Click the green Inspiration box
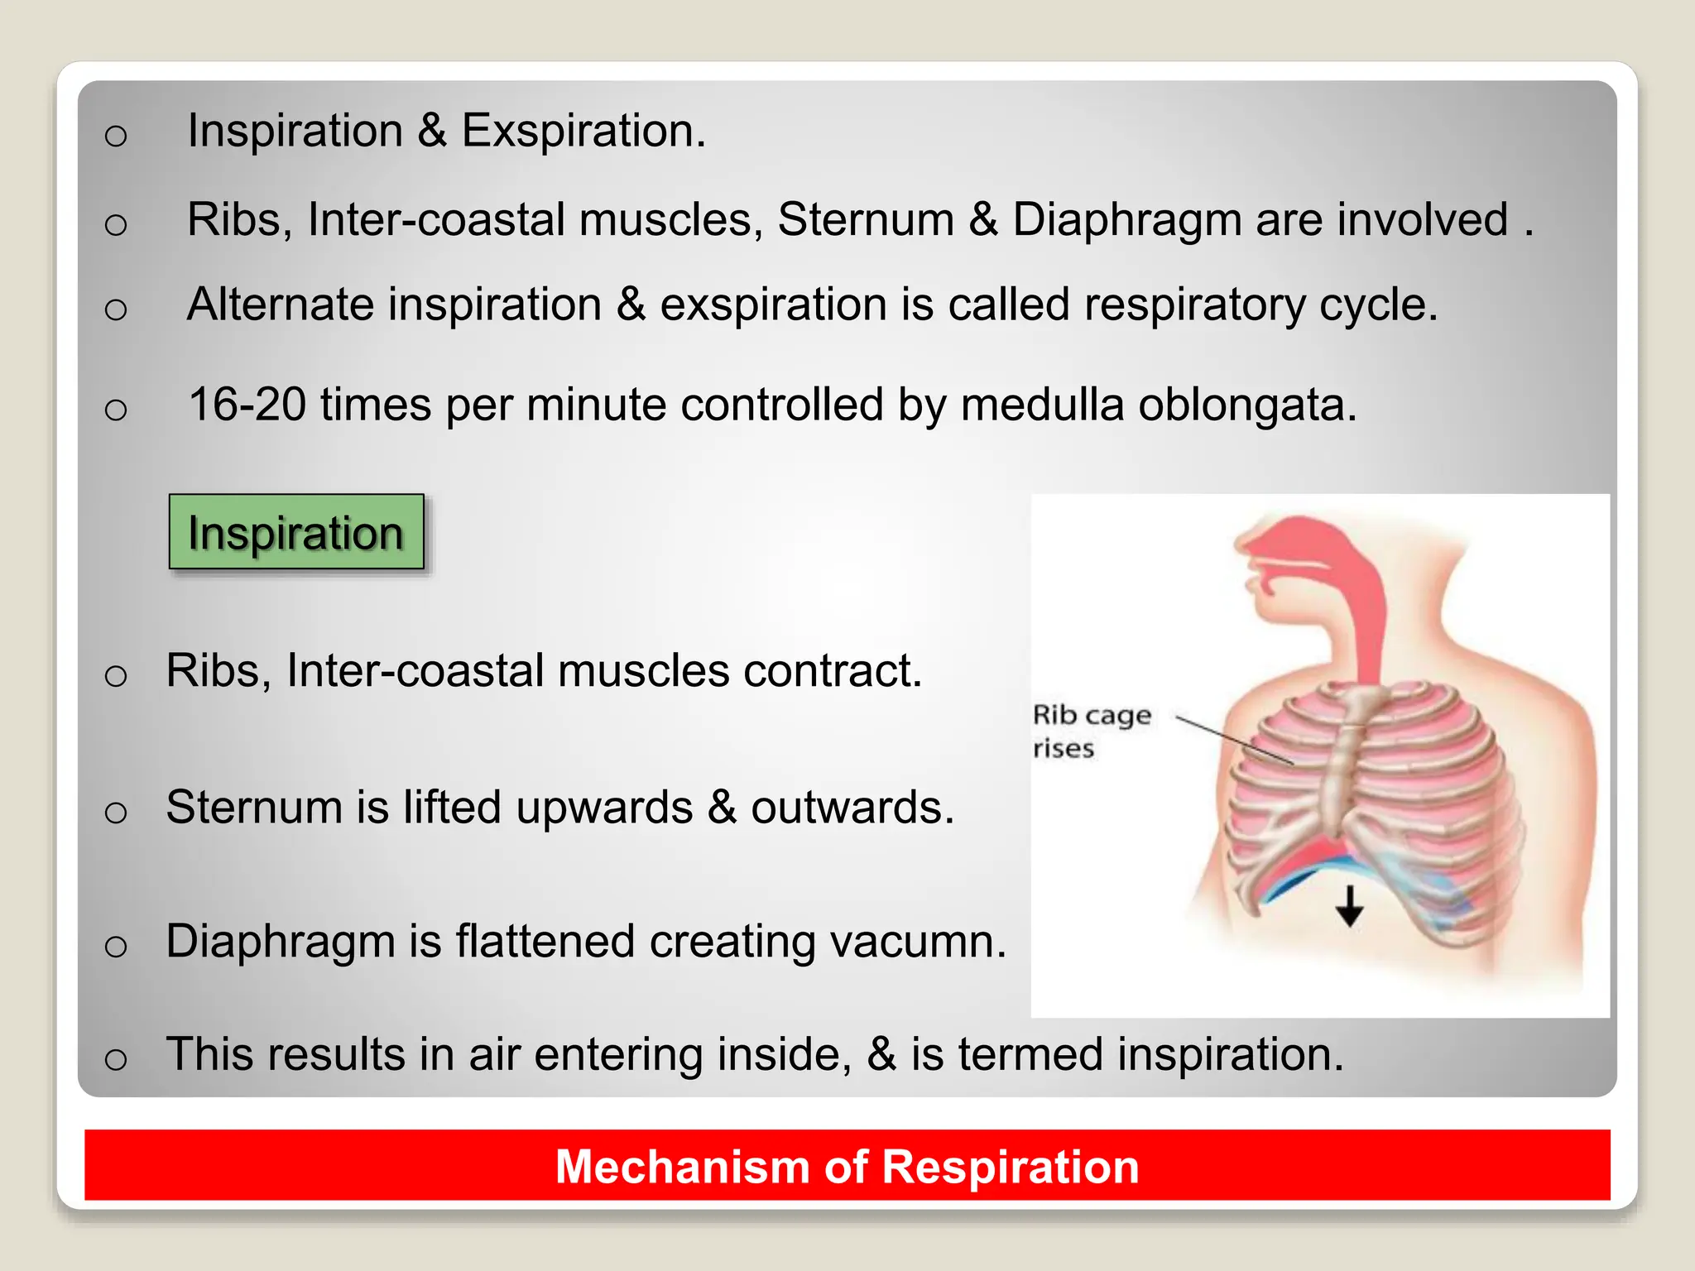point(296,532)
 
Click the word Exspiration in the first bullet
point(583,131)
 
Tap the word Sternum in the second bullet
point(866,220)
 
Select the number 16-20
point(247,405)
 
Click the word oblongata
point(1246,405)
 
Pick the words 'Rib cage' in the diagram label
point(1092,715)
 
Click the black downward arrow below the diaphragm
point(1350,906)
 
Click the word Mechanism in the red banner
point(682,1167)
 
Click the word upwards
point(604,808)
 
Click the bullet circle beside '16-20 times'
point(116,409)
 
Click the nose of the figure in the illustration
point(1241,543)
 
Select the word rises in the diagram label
point(1064,749)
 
